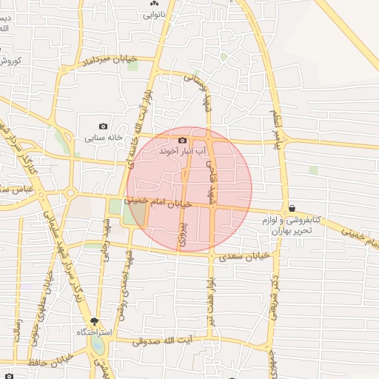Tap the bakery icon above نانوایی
tap(155, 3)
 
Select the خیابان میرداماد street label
tap(110, 58)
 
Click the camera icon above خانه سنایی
tap(103, 127)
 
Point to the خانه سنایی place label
tap(102, 138)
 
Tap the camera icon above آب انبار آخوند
tap(182, 140)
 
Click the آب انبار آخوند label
tap(181, 151)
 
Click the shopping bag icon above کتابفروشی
tap(292, 209)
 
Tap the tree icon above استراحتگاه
tap(94, 321)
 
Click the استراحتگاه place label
tap(94, 332)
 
